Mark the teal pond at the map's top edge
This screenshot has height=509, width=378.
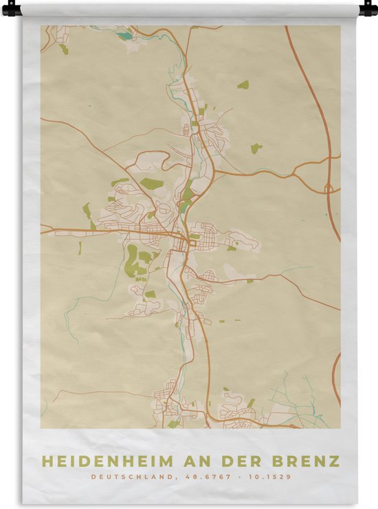[x=124, y=35]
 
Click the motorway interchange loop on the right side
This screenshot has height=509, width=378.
[x=329, y=187]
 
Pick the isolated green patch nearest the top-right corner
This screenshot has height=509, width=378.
[x=243, y=85]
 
